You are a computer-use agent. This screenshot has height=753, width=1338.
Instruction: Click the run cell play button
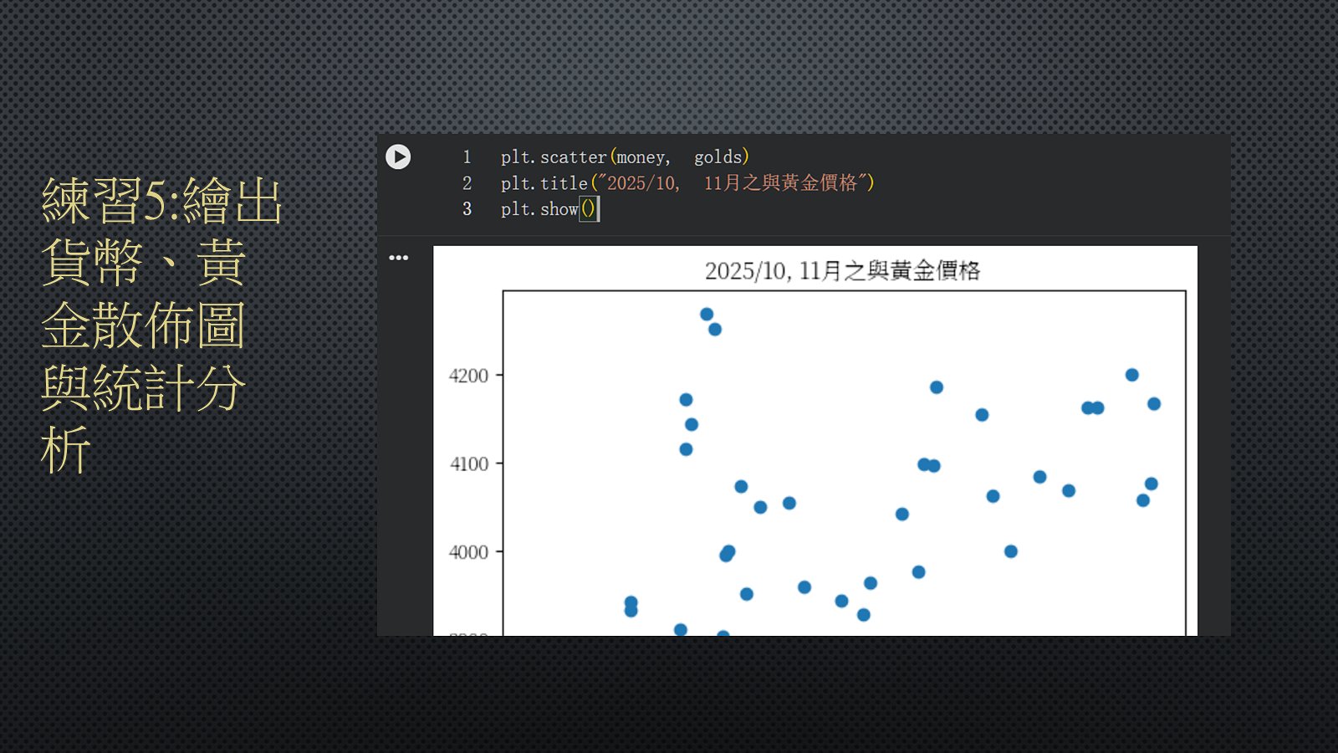(x=398, y=157)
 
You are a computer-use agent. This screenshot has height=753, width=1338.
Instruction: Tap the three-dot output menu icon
(x=398, y=258)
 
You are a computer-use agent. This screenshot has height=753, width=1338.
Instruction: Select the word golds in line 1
(x=718, y=156)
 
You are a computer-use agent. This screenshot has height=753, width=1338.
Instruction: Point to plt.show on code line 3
(x=539, y=208)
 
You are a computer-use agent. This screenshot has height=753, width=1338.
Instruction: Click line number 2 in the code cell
(x=467, y=183)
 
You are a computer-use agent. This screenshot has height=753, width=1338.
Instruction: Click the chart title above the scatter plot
(x=842, y=271)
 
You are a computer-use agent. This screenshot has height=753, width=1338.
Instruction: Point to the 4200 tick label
(x=468, y=376)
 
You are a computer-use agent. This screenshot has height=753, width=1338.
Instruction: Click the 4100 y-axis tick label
(x=469, y=464)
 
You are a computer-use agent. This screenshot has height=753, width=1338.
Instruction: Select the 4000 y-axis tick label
(x=468, y=551)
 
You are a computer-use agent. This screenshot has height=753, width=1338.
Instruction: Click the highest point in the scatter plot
(x=707, y=314)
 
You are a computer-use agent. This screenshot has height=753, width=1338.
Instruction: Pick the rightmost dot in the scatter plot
(x=1154, y=404)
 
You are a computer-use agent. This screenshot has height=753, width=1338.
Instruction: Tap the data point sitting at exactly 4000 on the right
(x=1011, y=551)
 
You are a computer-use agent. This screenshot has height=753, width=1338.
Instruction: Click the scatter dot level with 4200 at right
(x=1132, y=375)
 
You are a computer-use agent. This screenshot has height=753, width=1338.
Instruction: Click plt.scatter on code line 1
(x=554, y=157)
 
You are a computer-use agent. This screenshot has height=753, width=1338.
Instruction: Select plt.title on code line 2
(x=544, y=183)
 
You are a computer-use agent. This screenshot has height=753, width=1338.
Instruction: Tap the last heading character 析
(x=66, y=449)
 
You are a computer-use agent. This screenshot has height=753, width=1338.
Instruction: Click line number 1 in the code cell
(x=467, y=157)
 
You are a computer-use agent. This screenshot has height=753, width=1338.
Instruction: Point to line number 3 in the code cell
(x=467, y=208)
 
